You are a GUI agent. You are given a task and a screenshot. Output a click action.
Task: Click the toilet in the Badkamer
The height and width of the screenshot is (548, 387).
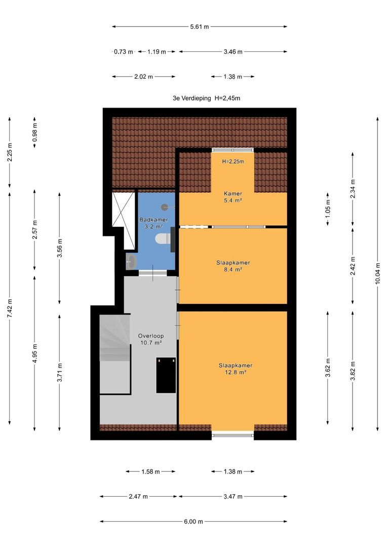(x=163, y=238)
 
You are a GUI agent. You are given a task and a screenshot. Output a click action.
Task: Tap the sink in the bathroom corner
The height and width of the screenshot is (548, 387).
(x=131, y=261)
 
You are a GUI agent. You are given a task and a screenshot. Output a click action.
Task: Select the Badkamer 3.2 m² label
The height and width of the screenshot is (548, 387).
(x=153, y=223)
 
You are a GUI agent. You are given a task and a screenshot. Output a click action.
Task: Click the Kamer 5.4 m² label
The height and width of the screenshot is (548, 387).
(x=233, y=197)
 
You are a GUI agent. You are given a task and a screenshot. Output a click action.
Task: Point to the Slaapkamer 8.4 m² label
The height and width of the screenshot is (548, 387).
(x=233, y=266)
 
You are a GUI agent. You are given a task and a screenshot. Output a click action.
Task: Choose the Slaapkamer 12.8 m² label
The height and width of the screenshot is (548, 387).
(x=236, y=369)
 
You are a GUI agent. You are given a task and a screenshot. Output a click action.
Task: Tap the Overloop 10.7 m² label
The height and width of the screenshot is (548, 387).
(x=151, y=339)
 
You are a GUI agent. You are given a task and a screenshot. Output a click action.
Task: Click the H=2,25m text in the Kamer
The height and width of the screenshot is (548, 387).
(x=233, y=161)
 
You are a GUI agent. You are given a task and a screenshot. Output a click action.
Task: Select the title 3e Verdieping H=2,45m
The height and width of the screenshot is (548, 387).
(x=206, y=98)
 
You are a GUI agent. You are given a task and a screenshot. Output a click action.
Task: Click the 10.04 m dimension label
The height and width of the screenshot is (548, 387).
(x=377, y=273)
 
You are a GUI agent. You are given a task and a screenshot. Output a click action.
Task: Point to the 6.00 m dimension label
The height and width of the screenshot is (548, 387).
(x=193, y=522)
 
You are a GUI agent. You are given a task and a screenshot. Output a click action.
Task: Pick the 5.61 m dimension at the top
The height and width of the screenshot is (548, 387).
(x=199, y=26)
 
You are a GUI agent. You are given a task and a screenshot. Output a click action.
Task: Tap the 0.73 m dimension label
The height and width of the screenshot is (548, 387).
(x=124, y=52)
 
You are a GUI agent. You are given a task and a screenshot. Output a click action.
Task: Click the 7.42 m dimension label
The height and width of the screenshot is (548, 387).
(x=10, y=309)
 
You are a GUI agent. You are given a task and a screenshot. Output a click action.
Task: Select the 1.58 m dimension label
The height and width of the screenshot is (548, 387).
(x=150, y=472)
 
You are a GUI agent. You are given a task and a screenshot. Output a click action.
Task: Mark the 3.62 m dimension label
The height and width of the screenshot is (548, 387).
(x=328, y=368)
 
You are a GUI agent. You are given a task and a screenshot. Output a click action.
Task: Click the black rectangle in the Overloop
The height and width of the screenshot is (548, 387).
(x=166, y=375)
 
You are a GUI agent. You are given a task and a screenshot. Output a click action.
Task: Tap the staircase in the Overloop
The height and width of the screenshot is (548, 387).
(x=115, y=354)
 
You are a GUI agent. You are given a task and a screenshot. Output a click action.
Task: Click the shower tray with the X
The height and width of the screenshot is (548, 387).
(x=124, y=220)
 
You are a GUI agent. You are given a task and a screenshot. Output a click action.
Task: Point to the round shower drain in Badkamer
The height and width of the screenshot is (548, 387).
(x=165, y=207)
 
